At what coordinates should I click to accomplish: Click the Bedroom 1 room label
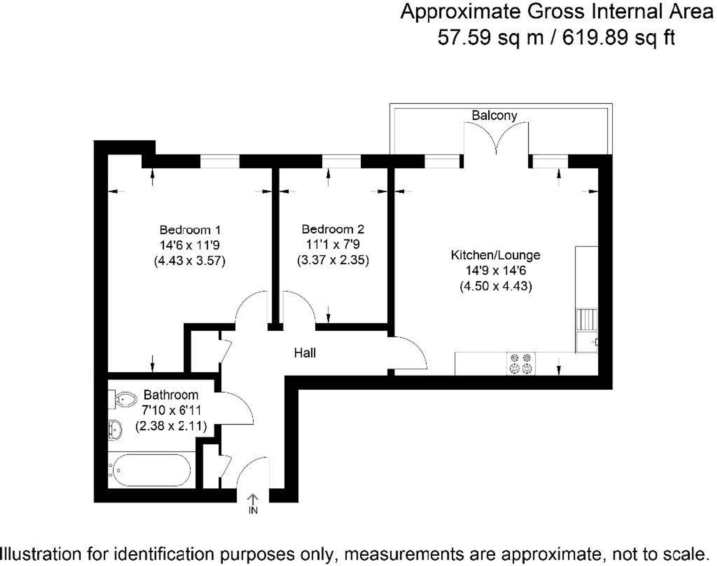[x=190, y=230]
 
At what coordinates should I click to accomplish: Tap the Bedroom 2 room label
[x=333, y=229]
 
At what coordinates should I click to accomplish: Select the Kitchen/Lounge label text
[x=495, y=255]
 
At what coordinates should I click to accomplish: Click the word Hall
[x=305, y=353]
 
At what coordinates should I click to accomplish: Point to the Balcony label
[x=494, y=115]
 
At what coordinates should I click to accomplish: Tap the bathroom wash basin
[x=115, y=429]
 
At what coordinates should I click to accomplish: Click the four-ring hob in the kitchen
[x=521, y=363]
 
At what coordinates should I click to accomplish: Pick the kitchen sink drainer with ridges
[x=587, y=320]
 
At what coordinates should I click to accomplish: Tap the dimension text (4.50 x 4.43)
[x=496, y=286]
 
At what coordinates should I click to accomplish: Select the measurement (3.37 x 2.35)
[x=333, y=260]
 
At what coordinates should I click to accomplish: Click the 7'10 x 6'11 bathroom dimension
[x=171, y=410]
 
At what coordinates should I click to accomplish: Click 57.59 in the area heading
[x=464, y=37]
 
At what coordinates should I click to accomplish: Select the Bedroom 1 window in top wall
[x=219, y=161]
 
